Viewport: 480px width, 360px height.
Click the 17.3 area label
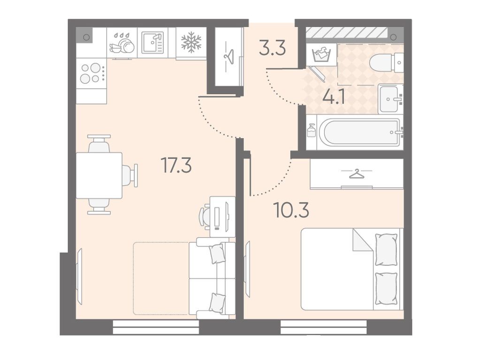pyautogui.click(x=176, y=165)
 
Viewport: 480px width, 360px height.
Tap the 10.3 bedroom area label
pyautogui.click(x=292, y=210)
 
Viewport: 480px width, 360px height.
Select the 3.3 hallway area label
pyautogui.click(x=272, y=48)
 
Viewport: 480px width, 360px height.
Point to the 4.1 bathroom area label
pyautogui.click(x=334, y=97)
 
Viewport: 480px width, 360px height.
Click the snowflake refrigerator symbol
pyautogui.click(x=191, y=42)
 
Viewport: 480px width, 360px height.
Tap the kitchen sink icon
pyautogui.click(x=153, y=43)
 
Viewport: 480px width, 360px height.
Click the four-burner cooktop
pyautogui.click(x=91, y=74)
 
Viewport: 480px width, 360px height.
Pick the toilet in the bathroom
pyautogui.click(x=386, y=63)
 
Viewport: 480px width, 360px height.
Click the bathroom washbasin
pyautogui.click(x=390, y=99)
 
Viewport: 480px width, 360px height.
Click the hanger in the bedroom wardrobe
pyautogui.click(x=356, y=174)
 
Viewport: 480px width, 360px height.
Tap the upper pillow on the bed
pyautogui.click(x=386, y=249)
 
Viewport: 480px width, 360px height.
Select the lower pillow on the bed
pyautogui.click(x=386, y=288)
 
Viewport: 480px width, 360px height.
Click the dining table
pyautogui.click(x=99, y=175)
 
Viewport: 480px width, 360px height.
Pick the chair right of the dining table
pyautogui.click(x=130, y=175)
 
